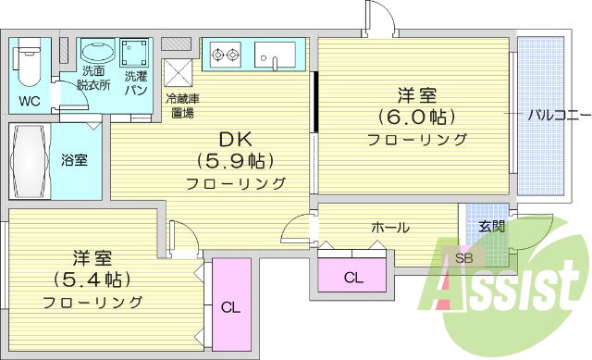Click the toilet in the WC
(28, 61)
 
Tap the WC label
(29, 100)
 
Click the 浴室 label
(75, 160)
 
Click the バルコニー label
(558, 115)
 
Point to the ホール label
(390, 227)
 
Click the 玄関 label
(491, 226)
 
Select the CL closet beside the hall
(353, 277)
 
